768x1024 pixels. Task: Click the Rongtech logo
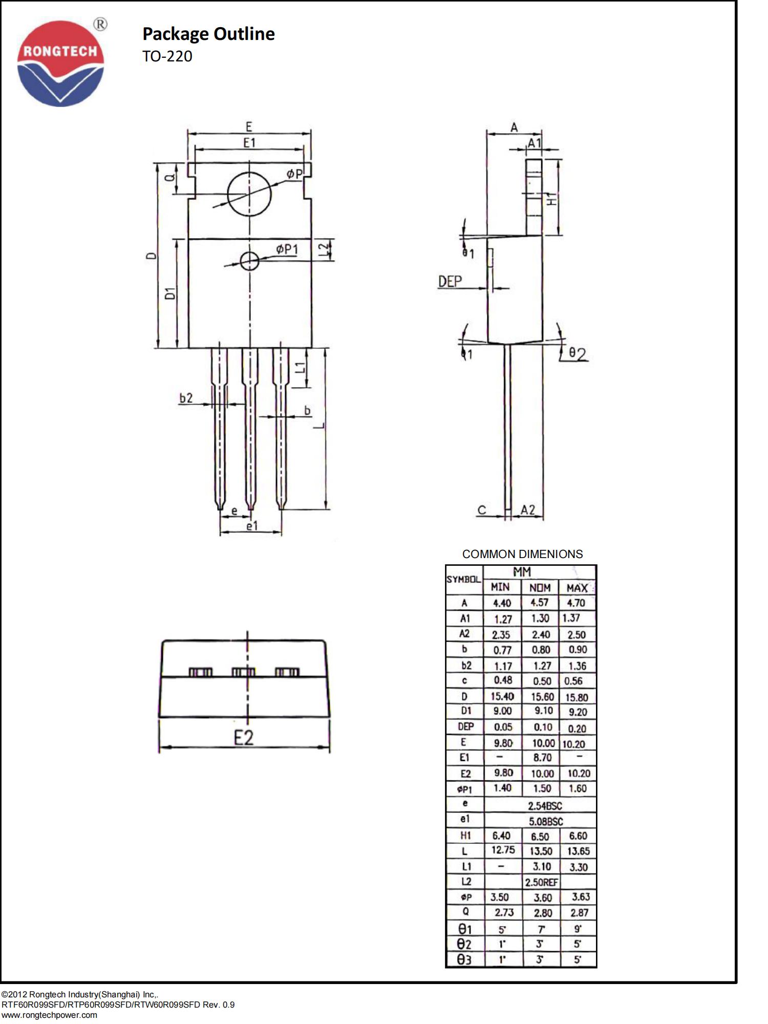[60, 63]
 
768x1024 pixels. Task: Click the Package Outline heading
[208, 34]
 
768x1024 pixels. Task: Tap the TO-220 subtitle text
[167, 56]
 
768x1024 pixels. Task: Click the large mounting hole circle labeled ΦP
[249, 194]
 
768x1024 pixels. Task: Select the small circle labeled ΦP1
[250, 261]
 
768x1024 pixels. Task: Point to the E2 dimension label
[244, 738]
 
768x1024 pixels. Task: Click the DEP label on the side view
[450, 281]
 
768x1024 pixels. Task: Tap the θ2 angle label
[578, 354]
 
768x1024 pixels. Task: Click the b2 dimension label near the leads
[186, 398]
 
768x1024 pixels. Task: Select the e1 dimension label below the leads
[252, 526]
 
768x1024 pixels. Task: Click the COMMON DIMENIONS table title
[522, 554]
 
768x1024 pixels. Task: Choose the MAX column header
[577, 588]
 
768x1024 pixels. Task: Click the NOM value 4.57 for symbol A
[540, 603]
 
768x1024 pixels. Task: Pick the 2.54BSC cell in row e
[545, 805]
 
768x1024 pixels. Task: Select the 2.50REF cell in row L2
[541, 882]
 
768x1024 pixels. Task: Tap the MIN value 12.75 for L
[503, 850]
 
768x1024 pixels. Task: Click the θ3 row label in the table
[464, 960]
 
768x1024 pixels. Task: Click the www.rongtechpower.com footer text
[49, 1015]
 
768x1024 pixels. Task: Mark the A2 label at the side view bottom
[528, 509]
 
